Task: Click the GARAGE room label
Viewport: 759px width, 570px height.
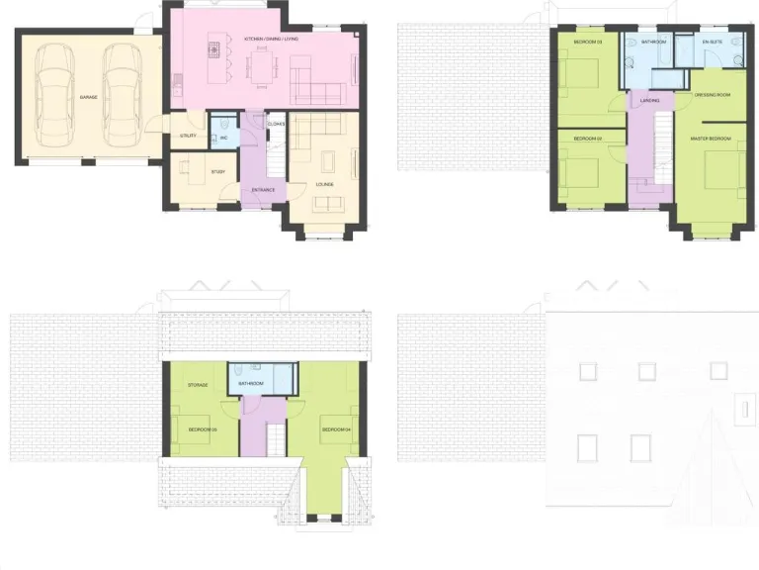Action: (x=88, y=97)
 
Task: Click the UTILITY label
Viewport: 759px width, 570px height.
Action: (x=188, y=136)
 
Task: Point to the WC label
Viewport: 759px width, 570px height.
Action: (x=224, y=138)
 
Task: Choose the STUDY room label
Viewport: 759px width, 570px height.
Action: (x=217, y=172)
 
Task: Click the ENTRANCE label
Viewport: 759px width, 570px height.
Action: (x=262, y=189)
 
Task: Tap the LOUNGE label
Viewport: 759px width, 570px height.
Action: (x=324, y=184)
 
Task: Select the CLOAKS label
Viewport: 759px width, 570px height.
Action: (x=276, y=124)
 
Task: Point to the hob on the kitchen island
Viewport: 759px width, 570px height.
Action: (x=211, y=47)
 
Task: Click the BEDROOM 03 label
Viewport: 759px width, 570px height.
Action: (x=587, y=43)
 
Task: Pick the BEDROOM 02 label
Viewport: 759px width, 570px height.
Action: (x=587, y=138)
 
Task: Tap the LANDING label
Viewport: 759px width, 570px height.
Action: (x=649, y=101)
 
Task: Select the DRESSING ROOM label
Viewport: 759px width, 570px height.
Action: (x=713, y=95)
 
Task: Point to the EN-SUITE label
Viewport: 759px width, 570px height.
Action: (x=713, y=43)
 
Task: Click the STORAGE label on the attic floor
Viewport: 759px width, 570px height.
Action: (x=198, y=384)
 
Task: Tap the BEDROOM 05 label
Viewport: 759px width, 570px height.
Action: (x=203, y=428)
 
